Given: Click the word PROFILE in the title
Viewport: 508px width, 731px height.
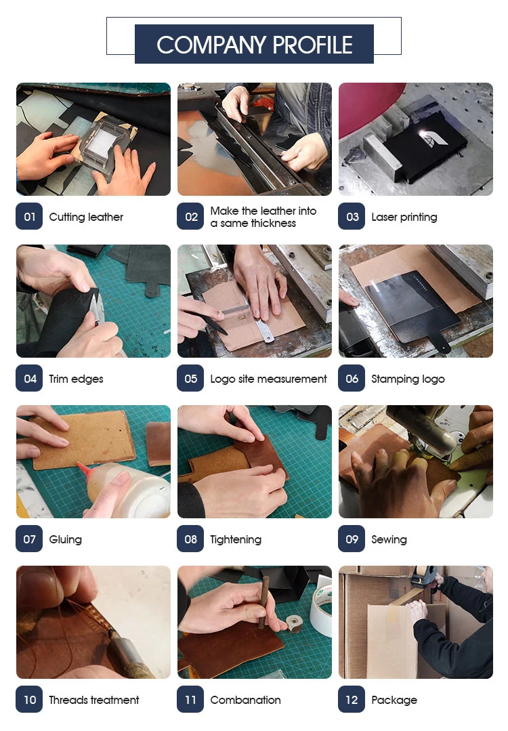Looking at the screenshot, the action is [x=312, y=45].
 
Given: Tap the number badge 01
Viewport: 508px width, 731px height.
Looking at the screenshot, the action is [x=29, y=216].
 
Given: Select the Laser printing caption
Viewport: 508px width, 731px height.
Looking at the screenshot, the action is [x=404, y=217].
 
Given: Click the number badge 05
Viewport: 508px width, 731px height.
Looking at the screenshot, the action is [x=190, y=378].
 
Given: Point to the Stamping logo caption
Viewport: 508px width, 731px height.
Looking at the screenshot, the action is [x=408, y=379].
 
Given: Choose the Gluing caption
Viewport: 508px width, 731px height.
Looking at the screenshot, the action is [x=65, y=539].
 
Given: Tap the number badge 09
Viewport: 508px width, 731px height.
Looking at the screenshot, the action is [x=352, y=539].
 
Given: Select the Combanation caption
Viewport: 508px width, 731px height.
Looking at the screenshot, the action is [x=246, y=700].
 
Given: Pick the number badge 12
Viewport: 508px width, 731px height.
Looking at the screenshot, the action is [x=352, y=699].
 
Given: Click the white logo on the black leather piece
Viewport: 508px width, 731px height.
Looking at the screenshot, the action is [x=433, y=138].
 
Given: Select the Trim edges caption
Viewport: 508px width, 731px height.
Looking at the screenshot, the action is [x=76, y=379].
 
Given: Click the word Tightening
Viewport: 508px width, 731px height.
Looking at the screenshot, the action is [x=236, y=539].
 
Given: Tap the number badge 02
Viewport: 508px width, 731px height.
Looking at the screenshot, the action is [x=190, y=216].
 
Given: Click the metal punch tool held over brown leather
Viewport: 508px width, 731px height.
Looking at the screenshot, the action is [x=263, y=602].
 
